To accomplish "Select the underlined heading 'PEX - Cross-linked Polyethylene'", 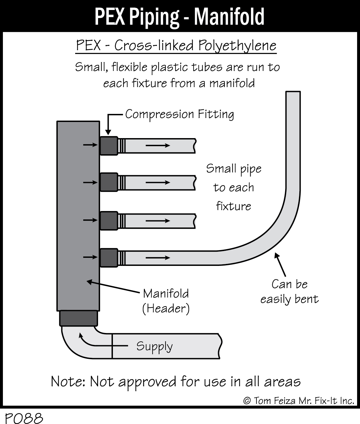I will click(x=176, y=45).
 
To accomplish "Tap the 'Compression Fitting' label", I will click(x=179, y=114).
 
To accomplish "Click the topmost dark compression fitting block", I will click(x=108, y=146).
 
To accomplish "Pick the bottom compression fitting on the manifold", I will click(x=108, y=257).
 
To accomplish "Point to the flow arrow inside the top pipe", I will click(x=158, y=146).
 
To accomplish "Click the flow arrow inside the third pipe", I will click(x=158, y=221).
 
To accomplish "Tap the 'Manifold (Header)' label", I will click(x=166, y=301).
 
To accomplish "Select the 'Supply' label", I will click(x=154, y=346).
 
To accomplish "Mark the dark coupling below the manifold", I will click(x=78, y=318).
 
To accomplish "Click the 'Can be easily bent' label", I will click(x=289, y=291).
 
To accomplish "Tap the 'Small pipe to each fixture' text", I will click(x=234, y=187).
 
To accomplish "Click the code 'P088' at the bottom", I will click(x=22, y=418).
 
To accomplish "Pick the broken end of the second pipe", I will click(x=195, y=183).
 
